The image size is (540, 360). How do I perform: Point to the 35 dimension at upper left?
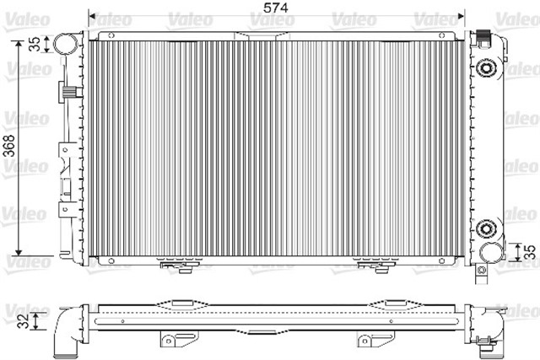(x=34, y=45)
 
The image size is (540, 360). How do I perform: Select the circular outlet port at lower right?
(x=489, y=253)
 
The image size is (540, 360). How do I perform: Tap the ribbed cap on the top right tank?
(x=485, y=37)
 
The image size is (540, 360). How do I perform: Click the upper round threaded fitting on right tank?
(x=487, y=69)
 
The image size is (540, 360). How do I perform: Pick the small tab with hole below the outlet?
(x=482, y=271)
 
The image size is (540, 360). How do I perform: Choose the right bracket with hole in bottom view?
(x=369, y=339)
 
